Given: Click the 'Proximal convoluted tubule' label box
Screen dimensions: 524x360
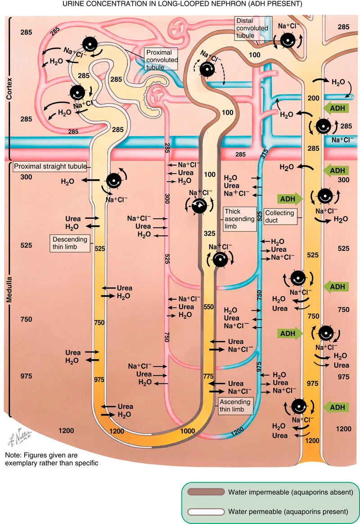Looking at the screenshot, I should (x=162, y=60).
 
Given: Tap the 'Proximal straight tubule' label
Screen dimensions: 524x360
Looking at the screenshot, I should (x=49, y=167).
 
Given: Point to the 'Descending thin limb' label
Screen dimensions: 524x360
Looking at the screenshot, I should (x=69, y=243).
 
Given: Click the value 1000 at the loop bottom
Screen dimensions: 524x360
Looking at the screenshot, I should (x=188, y=430).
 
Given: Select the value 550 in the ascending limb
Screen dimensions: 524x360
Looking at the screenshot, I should (x=208, y=307).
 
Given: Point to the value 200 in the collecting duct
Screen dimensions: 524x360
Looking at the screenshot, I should (x=313, y=98).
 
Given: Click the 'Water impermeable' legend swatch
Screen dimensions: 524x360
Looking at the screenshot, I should (x=205, y=492).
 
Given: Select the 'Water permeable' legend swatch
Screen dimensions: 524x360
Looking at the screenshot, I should (x=205, y=511).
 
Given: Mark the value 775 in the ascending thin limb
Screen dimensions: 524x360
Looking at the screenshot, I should (x=207, y=376).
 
